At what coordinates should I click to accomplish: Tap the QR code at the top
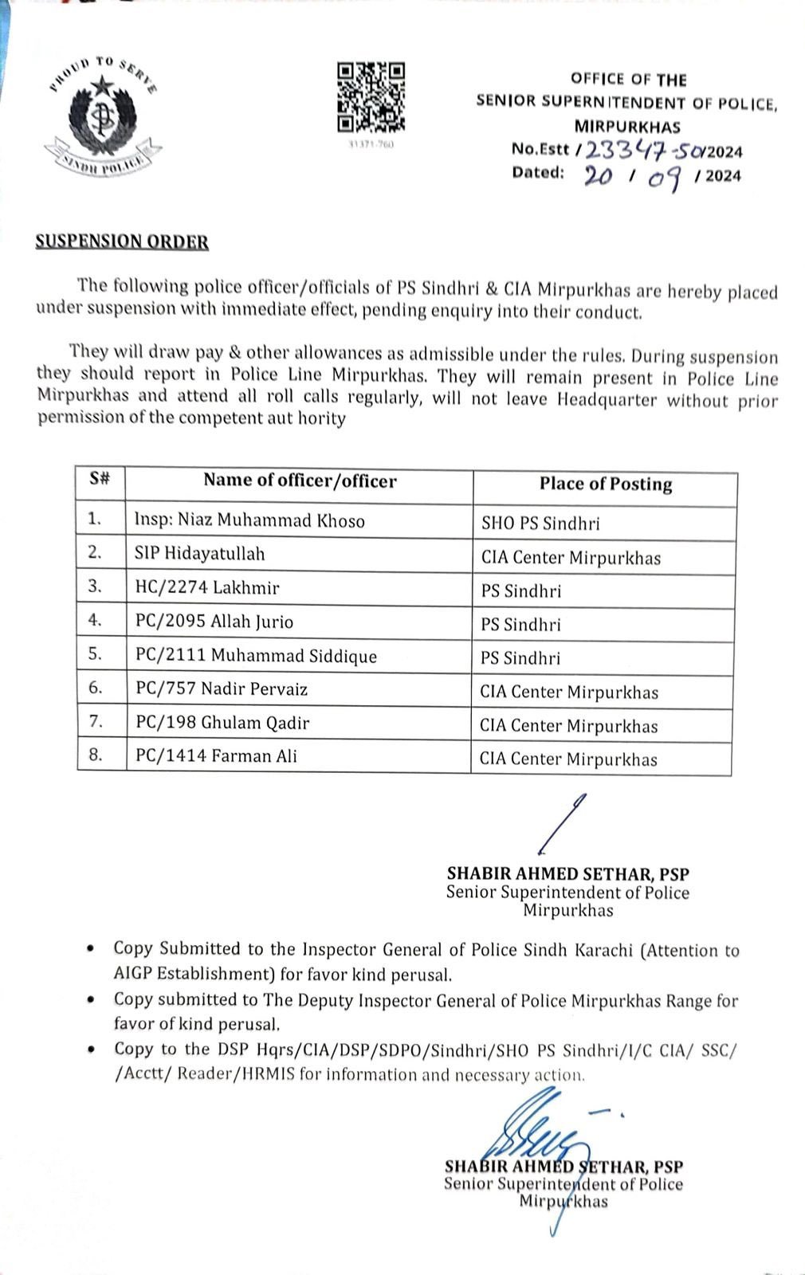371,97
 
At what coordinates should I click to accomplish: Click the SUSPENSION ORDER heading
122,241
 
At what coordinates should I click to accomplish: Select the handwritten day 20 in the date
599,175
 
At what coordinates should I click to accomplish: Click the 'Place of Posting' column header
605,484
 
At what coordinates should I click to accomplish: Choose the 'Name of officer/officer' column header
300,480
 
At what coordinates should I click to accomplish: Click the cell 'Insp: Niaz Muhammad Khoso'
249,521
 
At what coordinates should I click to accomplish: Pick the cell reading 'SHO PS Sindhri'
540,524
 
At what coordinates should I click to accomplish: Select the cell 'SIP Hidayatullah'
199,554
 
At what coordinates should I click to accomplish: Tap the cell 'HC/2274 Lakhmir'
206,587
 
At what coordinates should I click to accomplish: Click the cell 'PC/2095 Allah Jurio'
214,622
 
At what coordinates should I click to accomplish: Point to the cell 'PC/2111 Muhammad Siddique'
255,656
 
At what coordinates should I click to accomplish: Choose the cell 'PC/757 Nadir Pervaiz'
221,688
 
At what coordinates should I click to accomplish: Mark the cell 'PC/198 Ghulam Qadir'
222,723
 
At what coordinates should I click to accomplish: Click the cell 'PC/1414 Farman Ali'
215,755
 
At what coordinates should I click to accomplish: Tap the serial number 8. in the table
96,755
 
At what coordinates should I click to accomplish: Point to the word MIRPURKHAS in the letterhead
627,126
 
